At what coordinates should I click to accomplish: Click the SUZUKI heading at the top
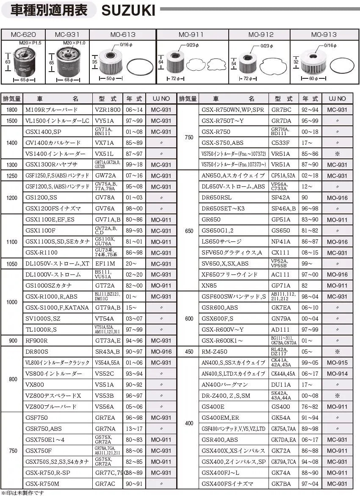128,10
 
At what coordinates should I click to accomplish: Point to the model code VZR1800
108,110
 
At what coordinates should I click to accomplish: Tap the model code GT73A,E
108,341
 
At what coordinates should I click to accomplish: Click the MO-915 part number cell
337,363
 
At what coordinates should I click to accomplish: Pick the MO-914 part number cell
337,374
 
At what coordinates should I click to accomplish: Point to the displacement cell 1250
12,176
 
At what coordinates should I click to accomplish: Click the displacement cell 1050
12,263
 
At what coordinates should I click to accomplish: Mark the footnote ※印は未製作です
23,493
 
